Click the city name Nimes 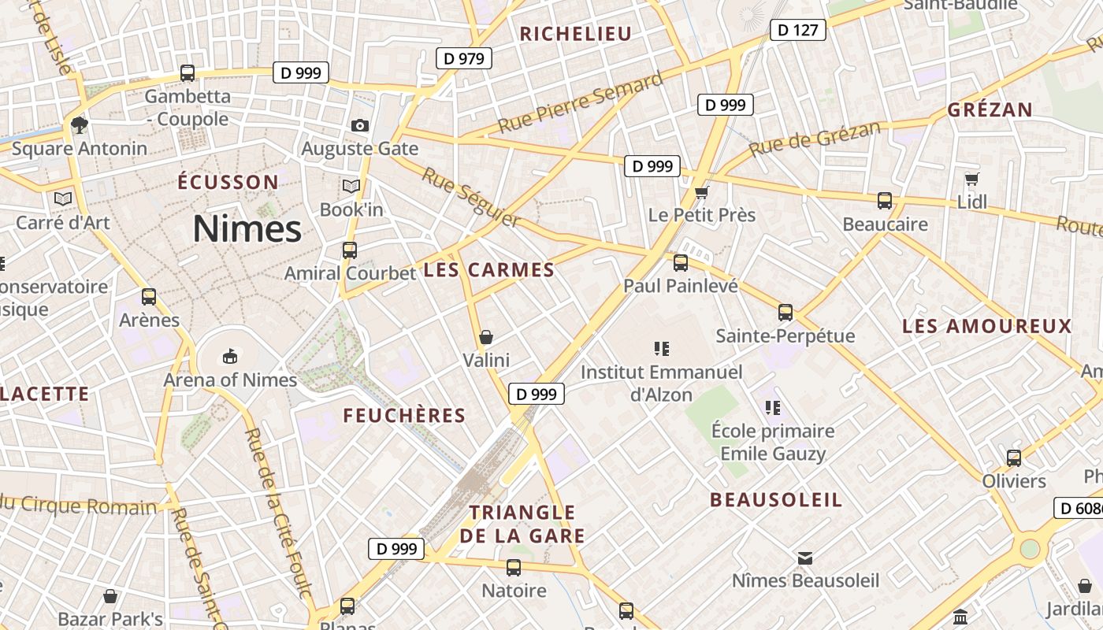247,229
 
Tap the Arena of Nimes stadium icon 229,358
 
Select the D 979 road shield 464,58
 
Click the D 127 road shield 797,31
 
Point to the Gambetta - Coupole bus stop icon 188,73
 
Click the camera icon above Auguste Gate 360,125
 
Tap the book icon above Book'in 351,187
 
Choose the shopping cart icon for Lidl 971,180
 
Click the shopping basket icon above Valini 486,338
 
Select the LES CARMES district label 489,270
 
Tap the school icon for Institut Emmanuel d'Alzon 662,348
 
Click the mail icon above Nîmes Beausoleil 805,558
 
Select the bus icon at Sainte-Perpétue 785,313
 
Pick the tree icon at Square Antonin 79,124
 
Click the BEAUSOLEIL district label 776,500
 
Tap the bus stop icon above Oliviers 1014,458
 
